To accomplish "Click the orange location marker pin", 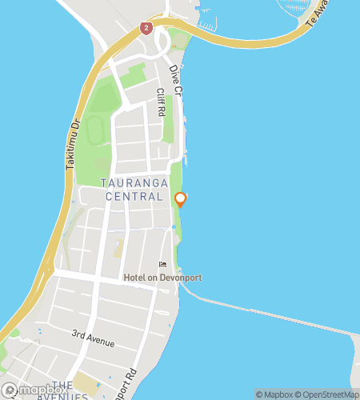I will coord(180,199).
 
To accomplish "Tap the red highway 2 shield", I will coord(146,27).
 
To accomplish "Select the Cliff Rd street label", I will coord(161,102).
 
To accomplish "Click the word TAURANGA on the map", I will coord(134,183).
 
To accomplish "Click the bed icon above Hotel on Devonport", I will coord(162,266).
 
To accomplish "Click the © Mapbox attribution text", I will coord(275,394).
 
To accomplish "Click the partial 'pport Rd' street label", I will coord(131,387).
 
